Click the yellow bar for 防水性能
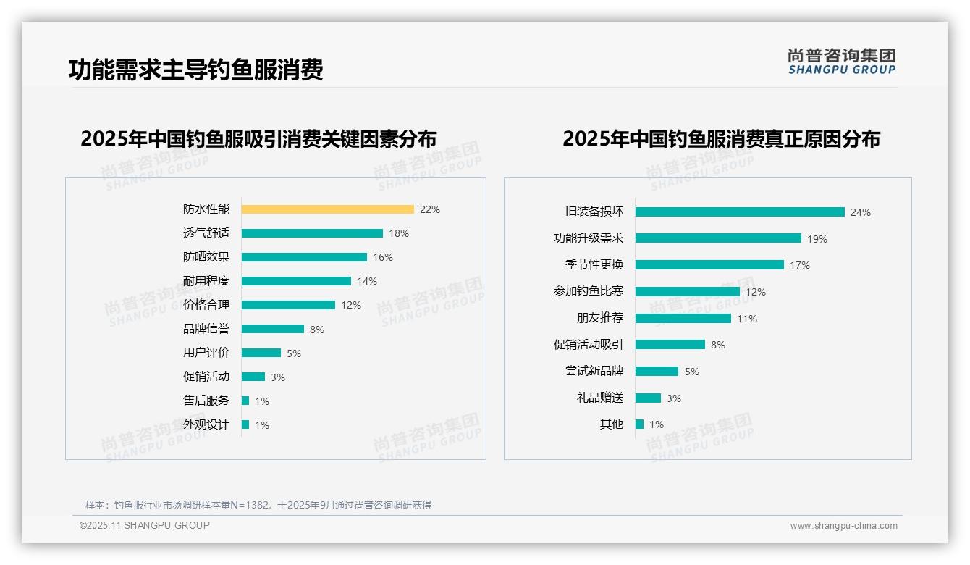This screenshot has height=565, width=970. (x=327, y=209)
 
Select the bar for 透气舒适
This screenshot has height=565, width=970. (x=312, y=233)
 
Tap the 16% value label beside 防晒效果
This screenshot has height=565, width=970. (x=383, y=257)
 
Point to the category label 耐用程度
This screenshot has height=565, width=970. (x=206, y=281)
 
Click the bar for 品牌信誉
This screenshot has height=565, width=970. (x=273, y=329)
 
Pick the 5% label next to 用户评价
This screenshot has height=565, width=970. (x=294, y=353)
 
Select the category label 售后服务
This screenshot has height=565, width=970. (x=206, y=401)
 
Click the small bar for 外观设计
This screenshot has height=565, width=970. (x=245, y=424)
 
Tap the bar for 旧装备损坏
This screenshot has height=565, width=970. (x=740, y=212)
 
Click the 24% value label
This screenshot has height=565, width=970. (x=861, y=212)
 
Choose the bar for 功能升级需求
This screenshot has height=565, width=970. (x=718, y=238)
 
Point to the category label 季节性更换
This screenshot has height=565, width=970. (x=594, y=264)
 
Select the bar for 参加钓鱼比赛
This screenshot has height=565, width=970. (x=688, y=291)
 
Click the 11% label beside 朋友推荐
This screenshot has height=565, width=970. (x=747, y=319)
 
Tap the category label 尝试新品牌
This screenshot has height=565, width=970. (x=594, y=371)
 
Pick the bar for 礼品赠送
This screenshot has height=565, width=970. (x=648, y=398)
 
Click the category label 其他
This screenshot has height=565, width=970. (x=612, y=424)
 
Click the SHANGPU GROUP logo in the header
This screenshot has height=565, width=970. (x=842, y=62)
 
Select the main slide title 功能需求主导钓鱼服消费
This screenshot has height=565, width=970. (x=196, y=70)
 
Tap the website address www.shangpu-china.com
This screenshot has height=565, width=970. (x=843, y=526)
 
